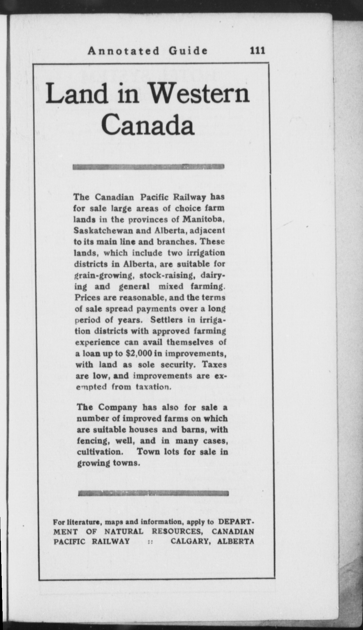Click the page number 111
click(257, 51)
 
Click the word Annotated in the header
click(124, 51)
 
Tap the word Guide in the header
click(188, 51)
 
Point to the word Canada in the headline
click(148, 125)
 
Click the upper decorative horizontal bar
click(148, 167)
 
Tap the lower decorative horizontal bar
click(153, 494)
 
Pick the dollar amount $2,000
click(139, 353)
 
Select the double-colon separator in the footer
click(150, 541)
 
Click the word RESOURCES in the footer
click(177, 531)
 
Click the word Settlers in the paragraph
click(167, 320)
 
